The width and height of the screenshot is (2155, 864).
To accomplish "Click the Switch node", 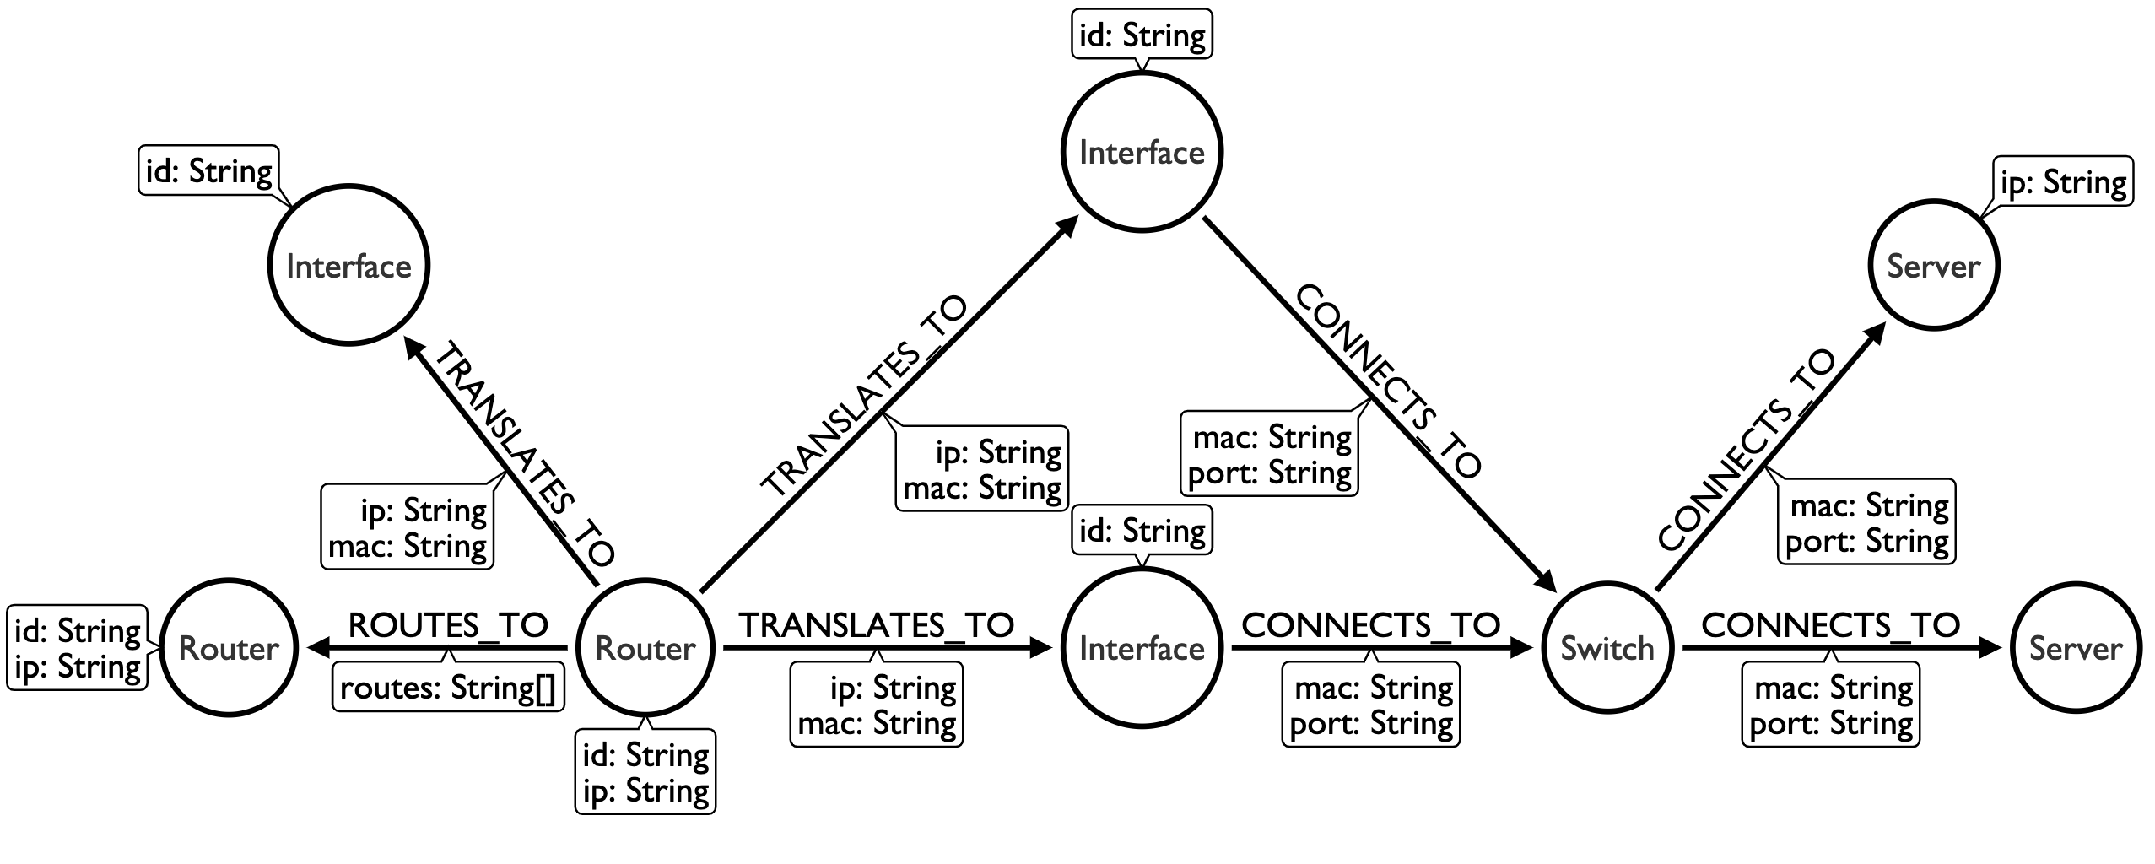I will point(1607,648).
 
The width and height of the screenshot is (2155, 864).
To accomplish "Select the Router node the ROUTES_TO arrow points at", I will point(229,648).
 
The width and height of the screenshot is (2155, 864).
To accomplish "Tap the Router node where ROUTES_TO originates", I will point(645,648).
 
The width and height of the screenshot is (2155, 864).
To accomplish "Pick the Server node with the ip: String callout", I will point(1933,266).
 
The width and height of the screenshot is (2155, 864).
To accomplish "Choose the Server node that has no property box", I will point(2075,648).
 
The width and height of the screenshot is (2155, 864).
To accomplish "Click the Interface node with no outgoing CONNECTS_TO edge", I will point(348,266).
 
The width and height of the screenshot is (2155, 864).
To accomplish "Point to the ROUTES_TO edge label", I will point(448,625).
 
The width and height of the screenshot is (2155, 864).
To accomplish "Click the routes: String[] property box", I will point(448,688).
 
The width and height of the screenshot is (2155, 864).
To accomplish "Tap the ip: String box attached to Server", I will point(2063,182).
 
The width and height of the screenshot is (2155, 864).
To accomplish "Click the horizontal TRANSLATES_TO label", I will point(877,625).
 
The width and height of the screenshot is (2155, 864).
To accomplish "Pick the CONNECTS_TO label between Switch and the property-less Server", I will point(1831,625).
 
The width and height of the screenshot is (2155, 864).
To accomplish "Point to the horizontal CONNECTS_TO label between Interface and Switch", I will point(1371,625).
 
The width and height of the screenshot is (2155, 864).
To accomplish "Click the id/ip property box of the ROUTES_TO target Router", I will point(78,648).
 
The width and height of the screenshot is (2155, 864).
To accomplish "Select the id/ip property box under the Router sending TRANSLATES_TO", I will point(645,771).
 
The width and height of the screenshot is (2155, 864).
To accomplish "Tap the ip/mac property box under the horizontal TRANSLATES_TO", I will point(877,705).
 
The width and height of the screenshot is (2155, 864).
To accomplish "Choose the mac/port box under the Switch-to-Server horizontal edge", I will point(1831,705).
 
